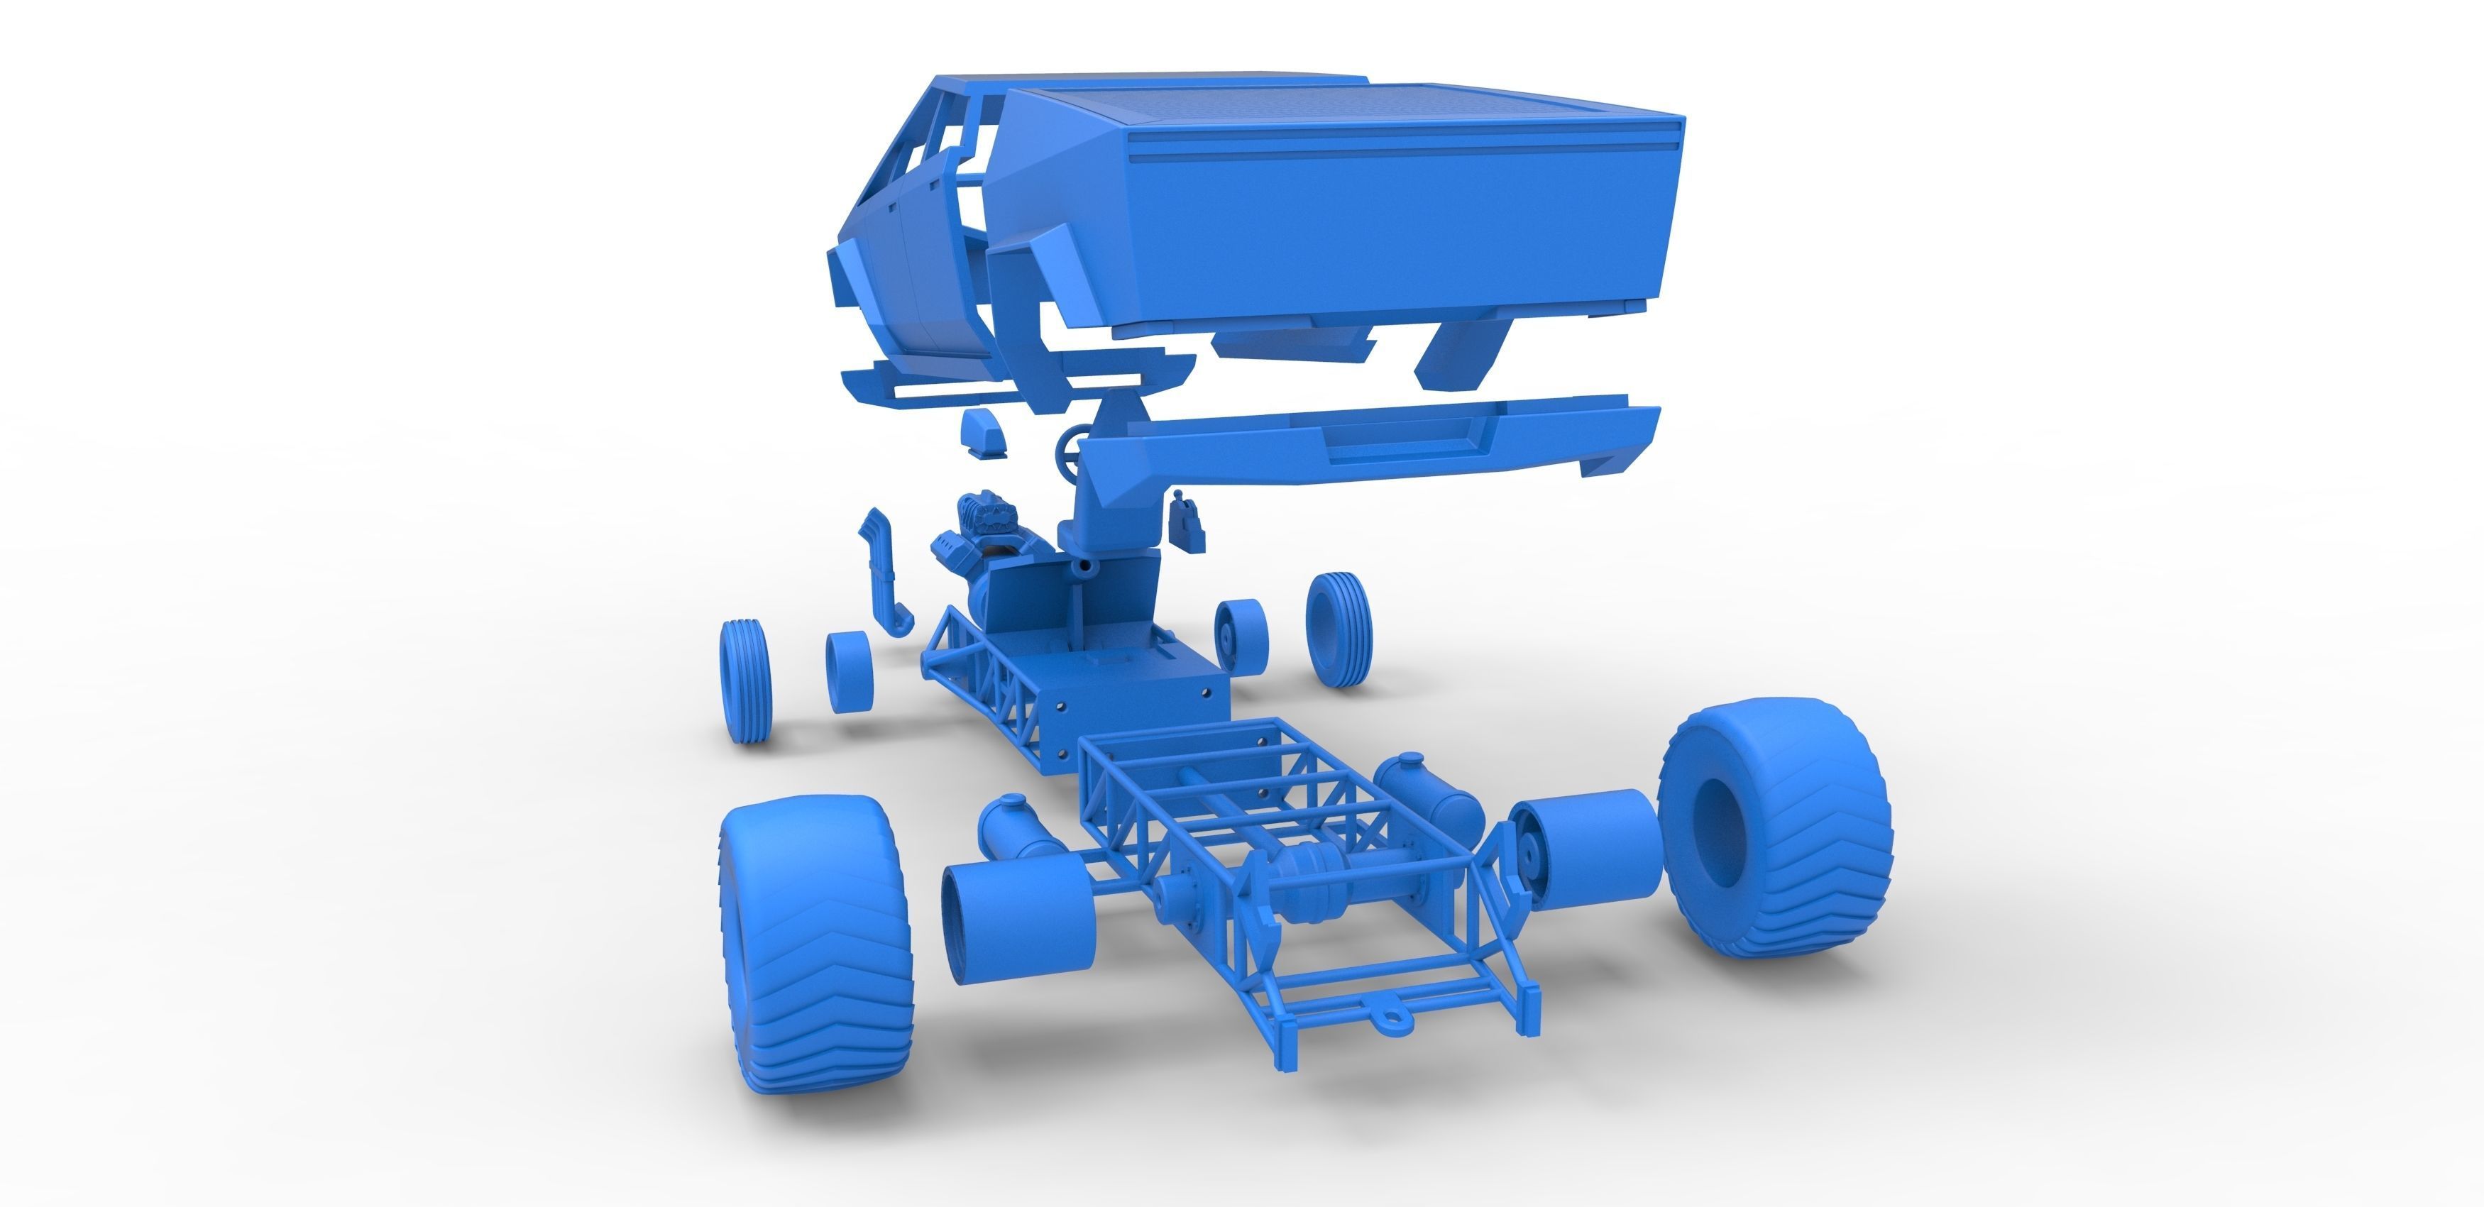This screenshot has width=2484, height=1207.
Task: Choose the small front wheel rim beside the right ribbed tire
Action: pyautogui.click(x=1240, y=634)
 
